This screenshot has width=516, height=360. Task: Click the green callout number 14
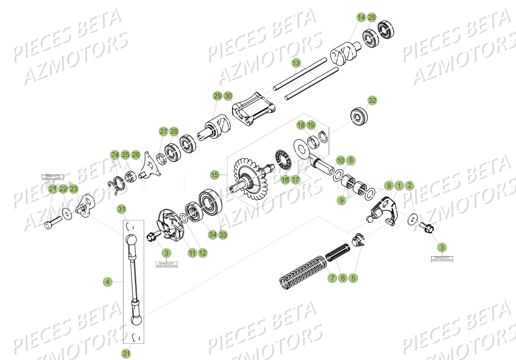pos(361,18)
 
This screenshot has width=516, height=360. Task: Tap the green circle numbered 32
pos(372,101)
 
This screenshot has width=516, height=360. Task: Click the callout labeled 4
pos(107,282)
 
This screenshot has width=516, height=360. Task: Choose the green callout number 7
pos(332,278)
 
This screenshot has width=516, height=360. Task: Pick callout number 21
pos(53,189)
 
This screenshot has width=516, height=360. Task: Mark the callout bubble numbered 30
pos(228,96)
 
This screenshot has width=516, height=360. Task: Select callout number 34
pos(212,235)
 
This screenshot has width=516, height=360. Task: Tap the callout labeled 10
pos(340,160)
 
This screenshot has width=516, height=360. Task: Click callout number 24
pos(115,155)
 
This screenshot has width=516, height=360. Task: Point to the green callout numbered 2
pos(409,185)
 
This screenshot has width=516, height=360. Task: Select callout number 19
pos(311,125)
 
